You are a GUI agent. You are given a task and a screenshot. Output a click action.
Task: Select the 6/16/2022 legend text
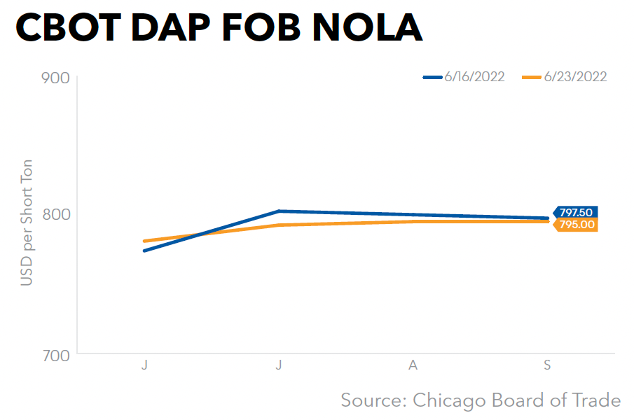pos(474,77)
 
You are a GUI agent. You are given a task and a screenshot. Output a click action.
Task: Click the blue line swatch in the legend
pos(433,77)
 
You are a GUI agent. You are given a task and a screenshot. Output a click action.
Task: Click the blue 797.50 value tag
pos(576,213)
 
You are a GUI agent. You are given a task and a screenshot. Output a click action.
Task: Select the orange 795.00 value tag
pos(576,225)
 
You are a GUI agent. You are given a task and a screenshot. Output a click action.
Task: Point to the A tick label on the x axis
pos(413,365)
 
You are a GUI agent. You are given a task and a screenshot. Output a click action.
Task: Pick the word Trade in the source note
pos(595,400)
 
